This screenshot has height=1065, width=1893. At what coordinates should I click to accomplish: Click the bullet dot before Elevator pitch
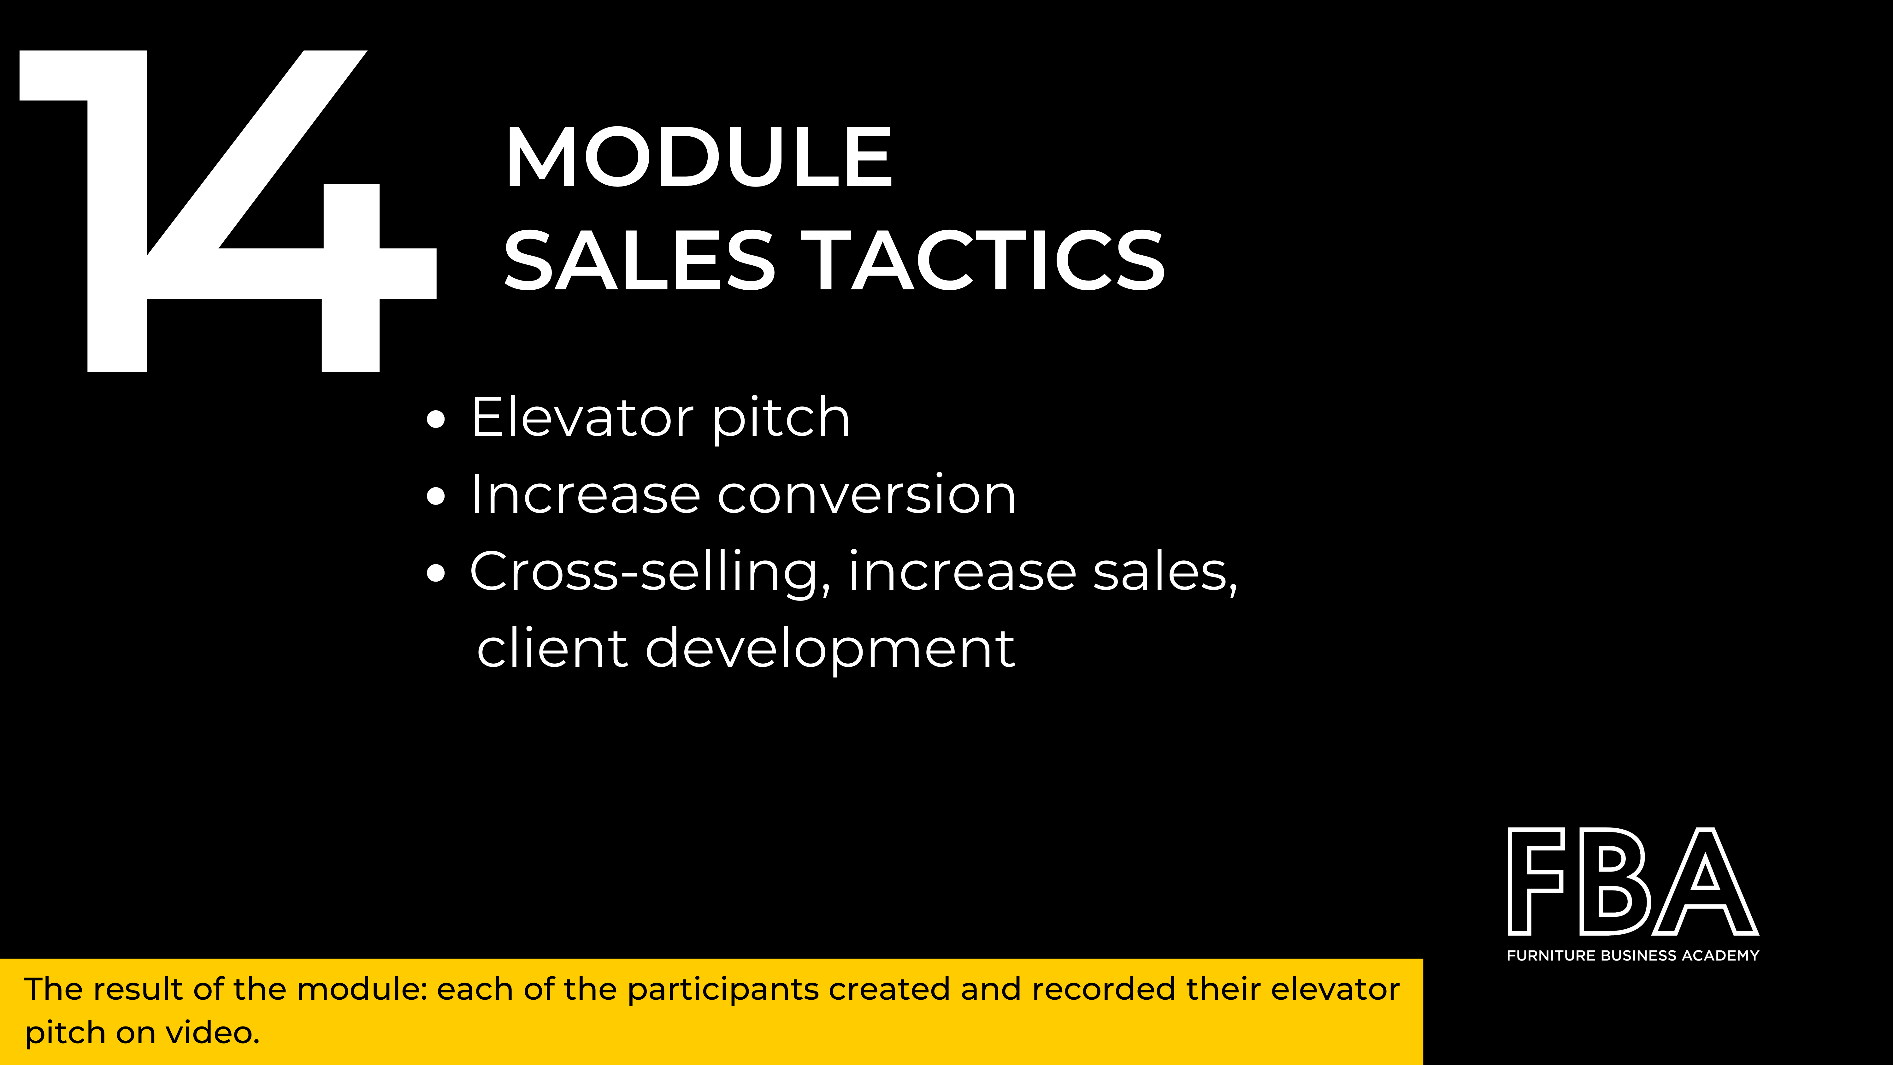436,419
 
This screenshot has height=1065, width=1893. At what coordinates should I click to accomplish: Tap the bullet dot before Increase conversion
436,496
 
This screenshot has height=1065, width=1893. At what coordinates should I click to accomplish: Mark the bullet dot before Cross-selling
436,573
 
